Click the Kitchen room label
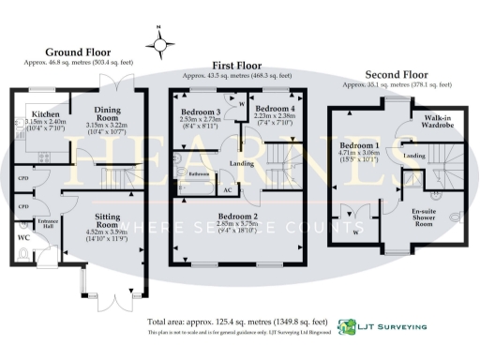point(32,112)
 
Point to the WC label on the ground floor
point(25,237)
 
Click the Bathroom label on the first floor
point(198,174)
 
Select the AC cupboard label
point(227,189)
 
